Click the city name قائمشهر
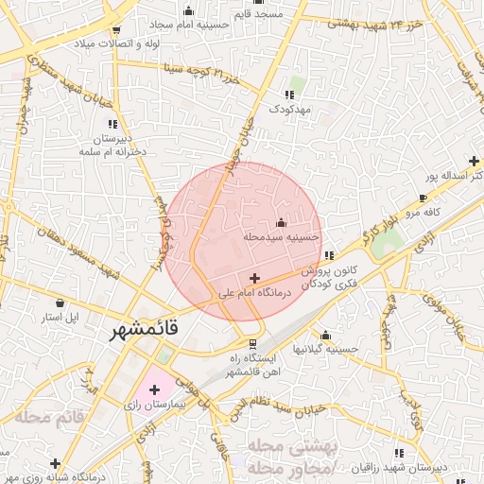pos(142,332)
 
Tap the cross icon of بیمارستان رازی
pos(155,389)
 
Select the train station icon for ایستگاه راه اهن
pos(252,343)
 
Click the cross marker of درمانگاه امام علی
pos(254,278)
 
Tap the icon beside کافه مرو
pos(423,198)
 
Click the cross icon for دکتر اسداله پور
pos(474,161)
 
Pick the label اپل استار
pos(61,317)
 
